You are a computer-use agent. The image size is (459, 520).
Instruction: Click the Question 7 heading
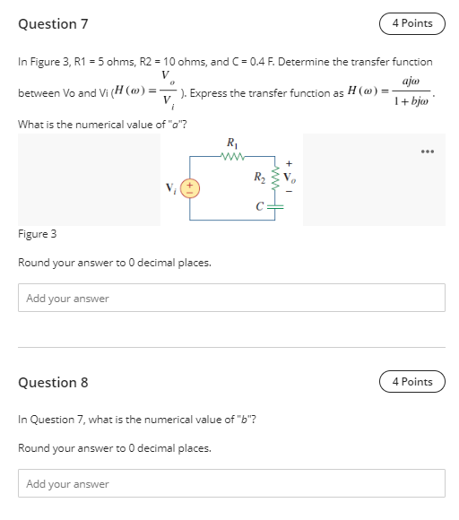[x=53, y=24]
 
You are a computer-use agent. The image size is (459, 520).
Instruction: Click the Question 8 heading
[x=53, y=383]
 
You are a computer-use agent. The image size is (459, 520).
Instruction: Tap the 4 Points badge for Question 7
[x=411, y=24]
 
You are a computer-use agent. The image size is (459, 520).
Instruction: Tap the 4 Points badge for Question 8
[x=411, y=382]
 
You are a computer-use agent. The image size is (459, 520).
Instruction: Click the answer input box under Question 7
[x=231, y=299]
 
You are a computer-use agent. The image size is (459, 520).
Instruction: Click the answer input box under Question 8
[x=231, y=484]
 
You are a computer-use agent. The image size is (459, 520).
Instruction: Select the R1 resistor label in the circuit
[x=232, y=142]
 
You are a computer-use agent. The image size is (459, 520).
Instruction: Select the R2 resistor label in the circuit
[x=260, y=175]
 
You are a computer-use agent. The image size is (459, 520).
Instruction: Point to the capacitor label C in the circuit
[x=258, y=206]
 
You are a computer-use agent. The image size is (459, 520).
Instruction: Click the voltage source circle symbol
[x=190, y=188]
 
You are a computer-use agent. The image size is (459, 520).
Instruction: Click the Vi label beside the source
[x=171, y=188]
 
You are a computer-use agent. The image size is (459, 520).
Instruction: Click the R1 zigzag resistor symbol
[x=232, y=155]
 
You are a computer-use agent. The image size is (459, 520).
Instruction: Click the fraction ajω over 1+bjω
[x=413, y=92]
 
